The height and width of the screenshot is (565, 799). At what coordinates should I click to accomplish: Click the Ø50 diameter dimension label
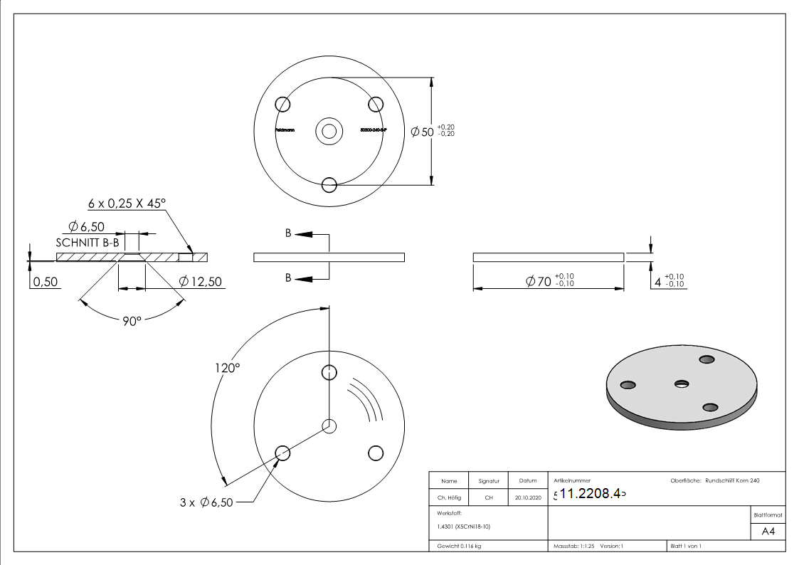pos(423,132)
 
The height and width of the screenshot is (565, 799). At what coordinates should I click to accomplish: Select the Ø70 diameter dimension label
pos(539,282)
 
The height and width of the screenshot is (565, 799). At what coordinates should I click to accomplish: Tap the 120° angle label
pos(228,368)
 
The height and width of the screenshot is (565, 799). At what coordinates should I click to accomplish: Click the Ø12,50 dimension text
pos(201,282)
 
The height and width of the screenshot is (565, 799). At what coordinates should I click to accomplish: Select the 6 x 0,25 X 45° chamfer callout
pos(127,203)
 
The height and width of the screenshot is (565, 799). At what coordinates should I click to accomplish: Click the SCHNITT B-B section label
pos(85,242)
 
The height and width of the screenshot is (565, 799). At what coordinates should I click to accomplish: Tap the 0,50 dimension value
pos(46,282)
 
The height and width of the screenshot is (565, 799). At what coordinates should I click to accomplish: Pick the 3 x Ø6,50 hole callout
pos(206,502)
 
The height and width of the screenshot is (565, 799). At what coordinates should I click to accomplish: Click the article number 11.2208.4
pos(590,494)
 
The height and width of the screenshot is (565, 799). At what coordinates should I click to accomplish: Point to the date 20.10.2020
pos(528,498)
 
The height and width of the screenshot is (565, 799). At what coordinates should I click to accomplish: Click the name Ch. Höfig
pos(449,498)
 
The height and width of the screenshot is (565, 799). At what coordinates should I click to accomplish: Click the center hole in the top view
pos(329,131)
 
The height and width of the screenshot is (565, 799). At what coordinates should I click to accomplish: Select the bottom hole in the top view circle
pos(329,185)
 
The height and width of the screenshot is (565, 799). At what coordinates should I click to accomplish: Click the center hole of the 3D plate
pos(682,384)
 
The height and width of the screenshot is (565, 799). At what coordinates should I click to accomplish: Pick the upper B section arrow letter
pos(288,233)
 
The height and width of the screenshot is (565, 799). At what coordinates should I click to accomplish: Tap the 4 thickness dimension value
pos(657,282)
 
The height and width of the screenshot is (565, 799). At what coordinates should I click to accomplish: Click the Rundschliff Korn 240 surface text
pos(732,480)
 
